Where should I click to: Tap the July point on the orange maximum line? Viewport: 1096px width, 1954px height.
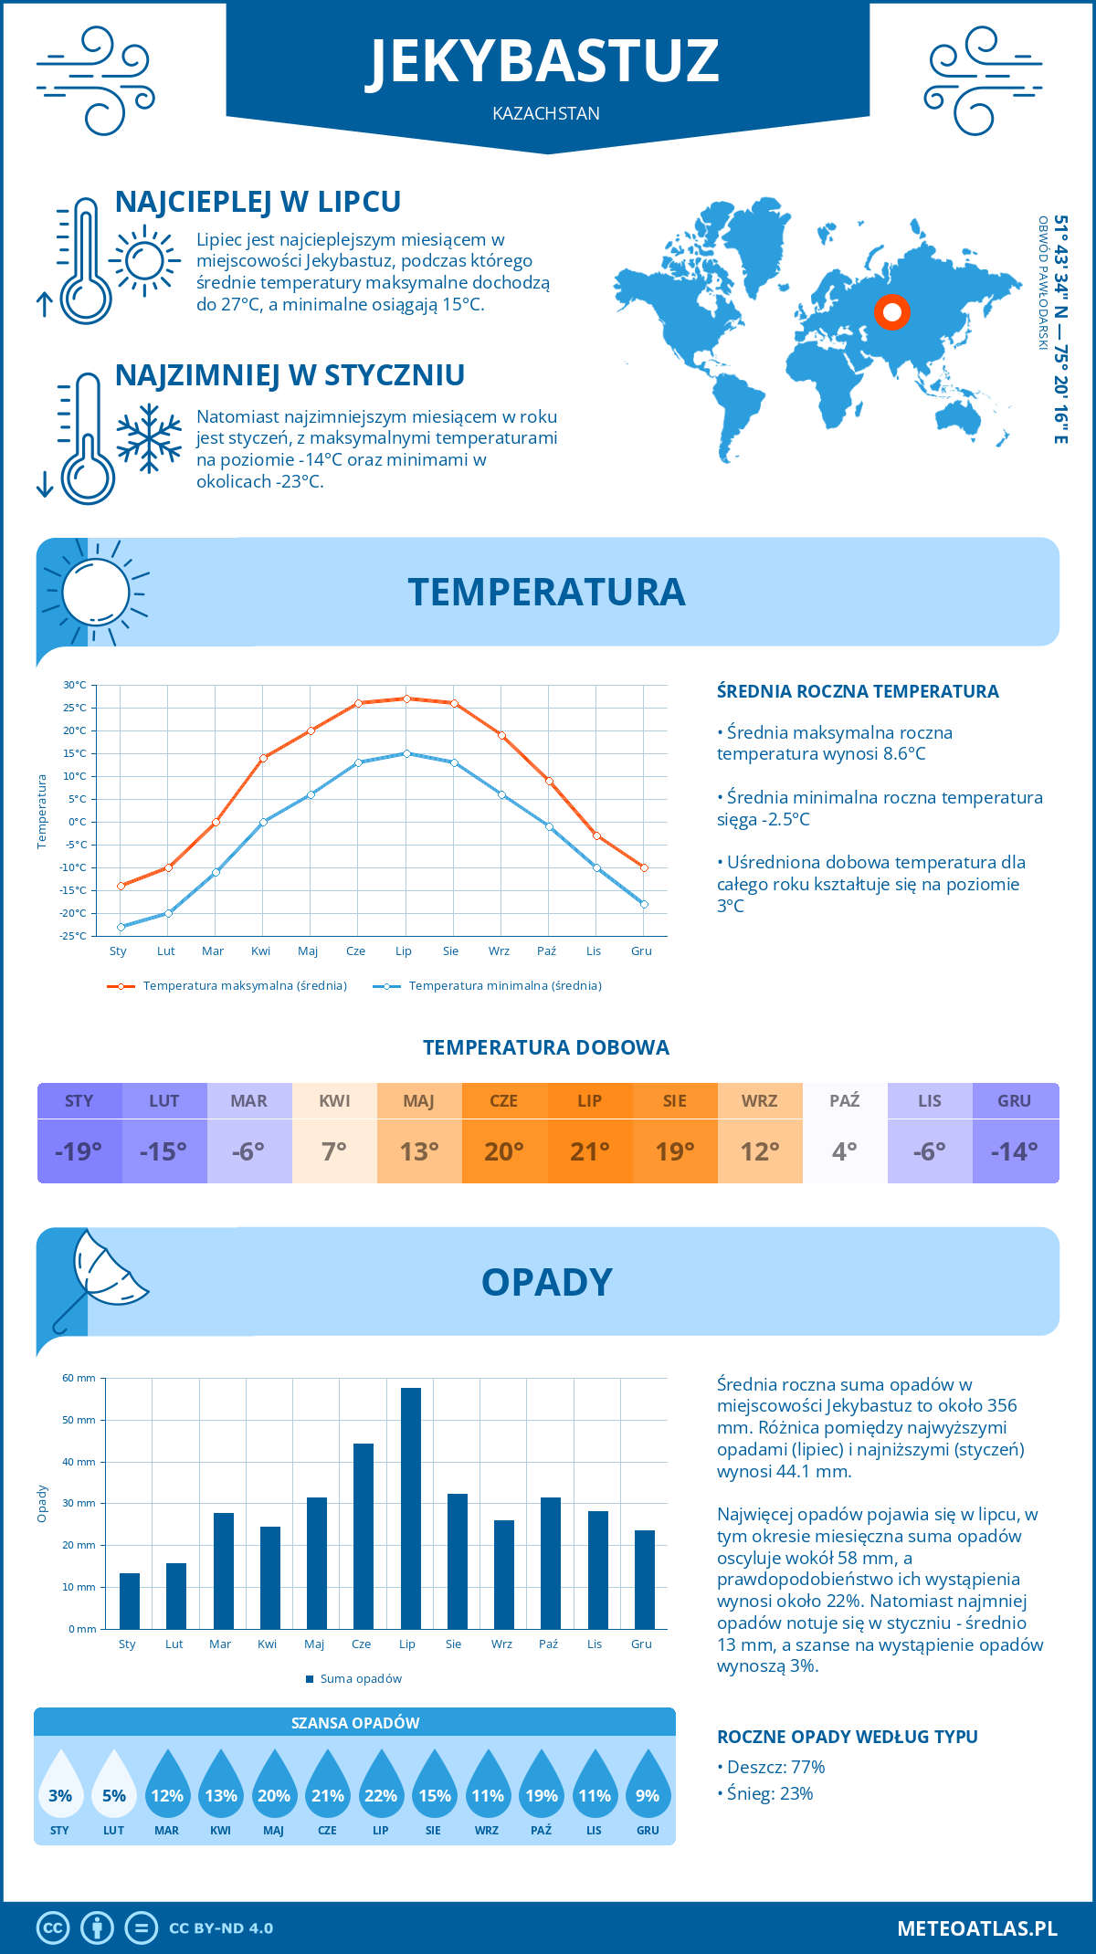406,699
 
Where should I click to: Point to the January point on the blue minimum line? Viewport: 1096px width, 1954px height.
121,927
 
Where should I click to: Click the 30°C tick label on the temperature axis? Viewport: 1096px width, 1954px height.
75,685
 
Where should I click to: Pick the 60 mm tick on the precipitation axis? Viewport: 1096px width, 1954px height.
79,1378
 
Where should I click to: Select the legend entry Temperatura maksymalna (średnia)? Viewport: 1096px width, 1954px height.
227,986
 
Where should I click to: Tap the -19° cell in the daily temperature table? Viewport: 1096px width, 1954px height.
79,1151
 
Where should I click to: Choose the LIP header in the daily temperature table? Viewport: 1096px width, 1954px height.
589,1101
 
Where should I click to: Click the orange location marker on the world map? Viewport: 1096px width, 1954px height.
892,312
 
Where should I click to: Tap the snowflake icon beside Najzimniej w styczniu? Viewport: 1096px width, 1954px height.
149,438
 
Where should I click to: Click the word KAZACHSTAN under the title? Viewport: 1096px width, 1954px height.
546,113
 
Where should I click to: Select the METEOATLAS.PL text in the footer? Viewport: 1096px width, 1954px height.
976,1928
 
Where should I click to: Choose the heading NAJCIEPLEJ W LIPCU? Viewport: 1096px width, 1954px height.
258,202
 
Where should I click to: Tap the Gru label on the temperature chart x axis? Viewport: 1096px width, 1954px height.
641,951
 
